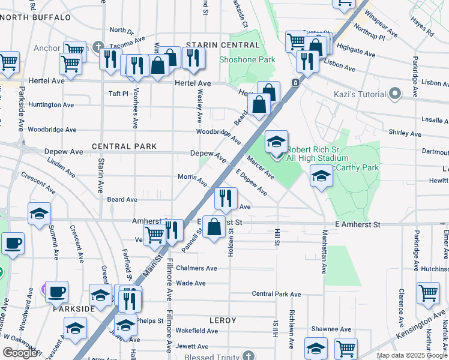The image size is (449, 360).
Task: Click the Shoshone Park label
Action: tap(247, 59)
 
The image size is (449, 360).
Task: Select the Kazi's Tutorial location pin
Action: tap(395, 94)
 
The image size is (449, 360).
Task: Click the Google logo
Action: tap(20, 353)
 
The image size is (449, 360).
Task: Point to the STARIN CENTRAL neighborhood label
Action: tap(214, 44)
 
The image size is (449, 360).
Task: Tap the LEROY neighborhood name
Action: tap(222, 320)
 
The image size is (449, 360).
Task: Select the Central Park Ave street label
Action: tap(276, 294)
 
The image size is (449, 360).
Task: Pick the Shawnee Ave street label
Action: tap(327, 329)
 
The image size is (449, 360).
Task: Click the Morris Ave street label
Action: tap(192, 177)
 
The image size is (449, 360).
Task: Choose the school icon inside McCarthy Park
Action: tap(321, 176)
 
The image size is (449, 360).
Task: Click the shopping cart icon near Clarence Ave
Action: tap(428, 293)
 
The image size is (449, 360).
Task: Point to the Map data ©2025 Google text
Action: tap(411, 355)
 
